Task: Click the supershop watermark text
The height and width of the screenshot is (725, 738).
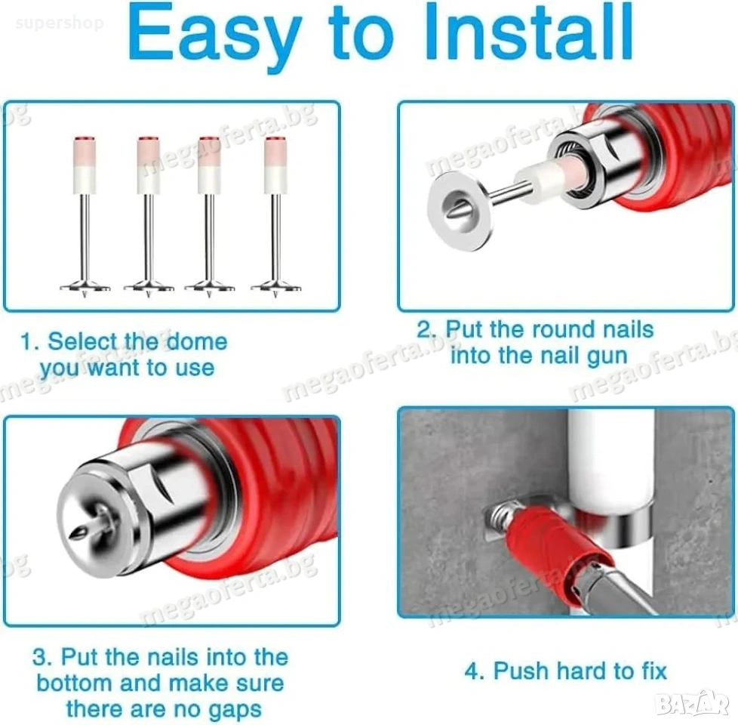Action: [60, 23]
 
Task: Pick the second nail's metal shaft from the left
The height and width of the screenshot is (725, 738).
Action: [148, 237]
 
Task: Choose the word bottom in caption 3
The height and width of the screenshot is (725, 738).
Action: [75, 683]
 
